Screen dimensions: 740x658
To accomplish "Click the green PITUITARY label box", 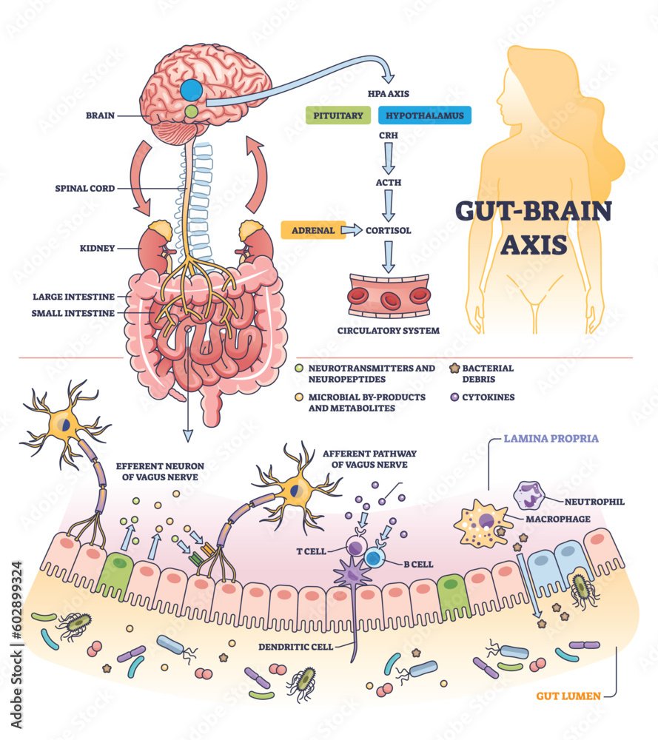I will tap(337, 115).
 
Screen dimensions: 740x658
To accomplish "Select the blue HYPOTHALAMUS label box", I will tap(425, 115).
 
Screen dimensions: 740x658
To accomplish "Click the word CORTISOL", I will tap(389, 230).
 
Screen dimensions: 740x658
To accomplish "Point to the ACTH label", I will tap(388, 179).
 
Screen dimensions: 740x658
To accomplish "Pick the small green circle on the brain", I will tap(192, 112).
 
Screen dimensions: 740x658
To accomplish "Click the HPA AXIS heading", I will tap(389, 94).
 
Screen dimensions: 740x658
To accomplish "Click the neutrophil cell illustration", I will tap(530, 497).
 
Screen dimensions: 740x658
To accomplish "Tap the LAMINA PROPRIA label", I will tap(551, 438).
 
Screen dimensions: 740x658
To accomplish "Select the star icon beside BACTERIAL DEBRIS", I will tap(455, 368).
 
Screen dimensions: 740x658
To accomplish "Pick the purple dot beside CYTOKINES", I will tap(454, 397).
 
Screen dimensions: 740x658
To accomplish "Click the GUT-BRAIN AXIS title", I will tap(533, 227).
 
